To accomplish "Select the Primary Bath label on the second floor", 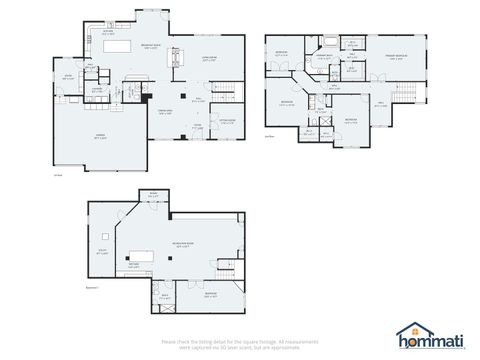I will (325, 58).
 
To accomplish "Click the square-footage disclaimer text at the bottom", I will (240, 343).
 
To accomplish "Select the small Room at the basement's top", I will (153, 196).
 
